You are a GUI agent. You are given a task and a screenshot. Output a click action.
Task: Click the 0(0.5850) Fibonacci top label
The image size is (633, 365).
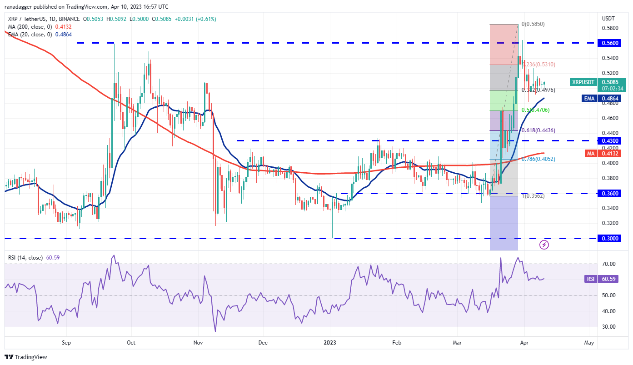coord(533,24)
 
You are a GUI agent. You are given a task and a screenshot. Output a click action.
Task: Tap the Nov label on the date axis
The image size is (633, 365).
coord(198,343)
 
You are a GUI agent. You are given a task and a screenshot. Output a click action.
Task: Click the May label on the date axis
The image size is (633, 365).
coord(589,343)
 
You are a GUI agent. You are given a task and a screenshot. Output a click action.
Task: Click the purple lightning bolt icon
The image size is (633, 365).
coord(544,245)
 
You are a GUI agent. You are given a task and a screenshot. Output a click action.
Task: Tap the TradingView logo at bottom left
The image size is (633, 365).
coord(26,357)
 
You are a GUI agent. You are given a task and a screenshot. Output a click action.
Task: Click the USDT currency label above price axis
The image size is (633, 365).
coord(608,19)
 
